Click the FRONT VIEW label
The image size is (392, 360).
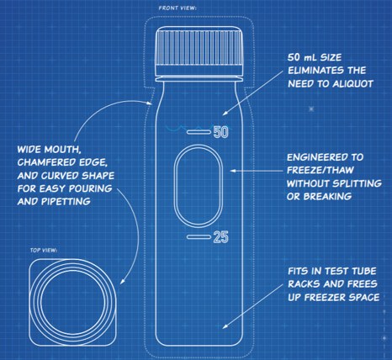[x=177, y=8]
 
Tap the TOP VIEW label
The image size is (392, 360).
[x=44, y=250]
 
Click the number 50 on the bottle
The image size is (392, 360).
[x=221, y=132]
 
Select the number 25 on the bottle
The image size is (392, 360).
[x=221, y=237]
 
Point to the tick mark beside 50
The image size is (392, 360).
[x=199, y=132]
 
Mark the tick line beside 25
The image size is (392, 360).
[x=199, y=237]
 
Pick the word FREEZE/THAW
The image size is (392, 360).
[x=320, y=170]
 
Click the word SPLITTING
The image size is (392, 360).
[x=358, y=183]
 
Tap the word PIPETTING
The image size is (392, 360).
[x=66, y=201]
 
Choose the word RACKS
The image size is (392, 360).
[x=305, y=284]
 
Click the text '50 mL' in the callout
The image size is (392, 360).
[x=302, y=57]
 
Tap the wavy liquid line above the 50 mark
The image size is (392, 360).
[x=186, y=129]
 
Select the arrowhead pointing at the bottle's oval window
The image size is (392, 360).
[x=233, y=171]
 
